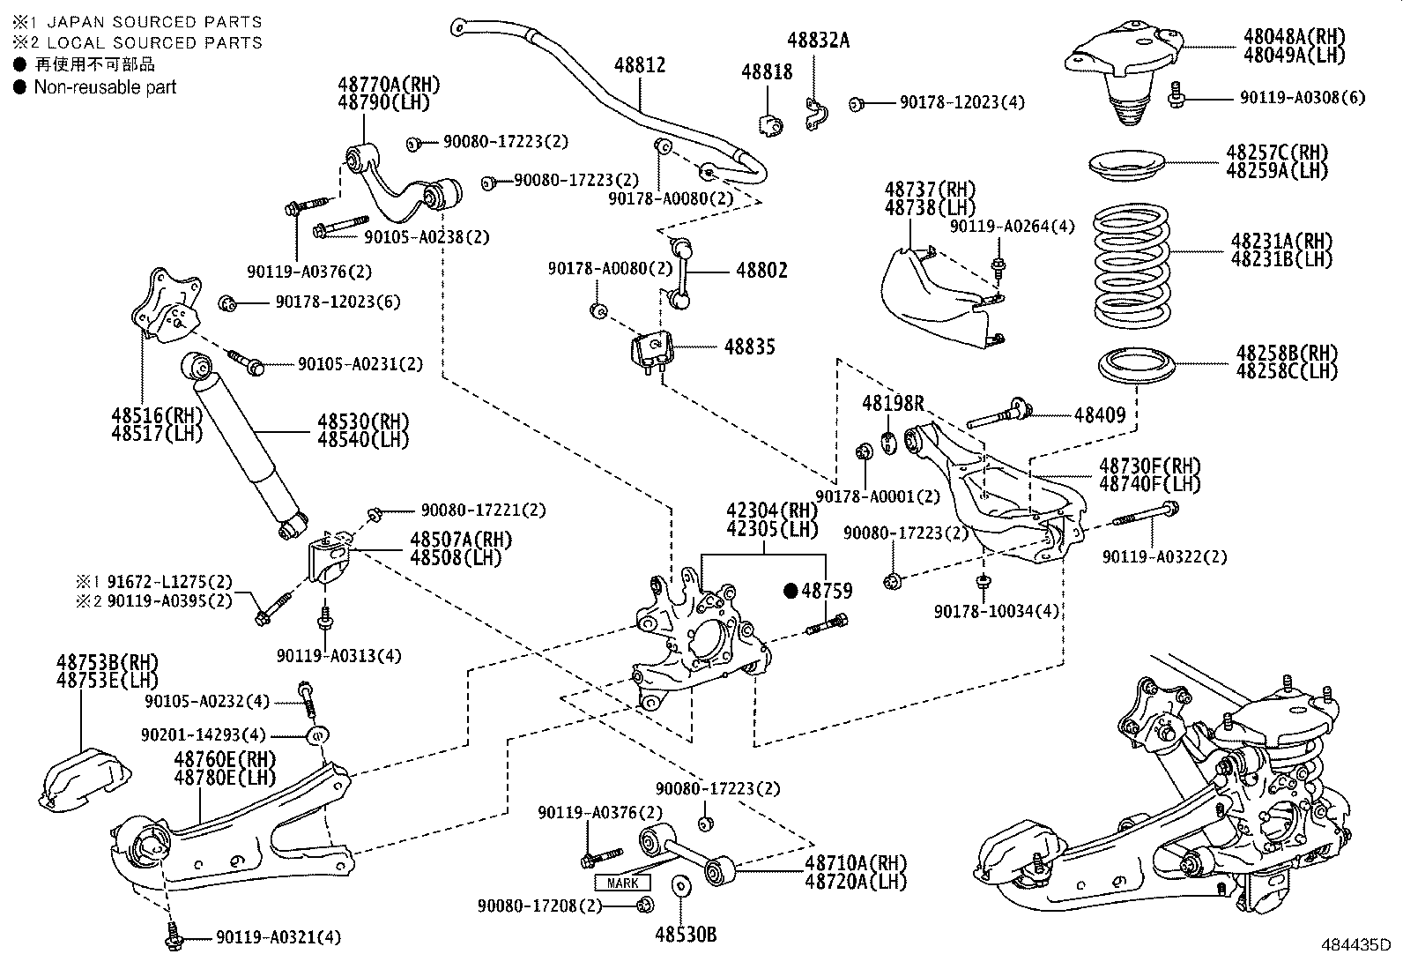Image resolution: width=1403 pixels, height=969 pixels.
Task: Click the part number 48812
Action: (x=640, y=65)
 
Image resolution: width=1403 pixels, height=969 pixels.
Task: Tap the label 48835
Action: (x=750, y=347)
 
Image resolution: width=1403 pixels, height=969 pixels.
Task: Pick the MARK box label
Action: (x=623, y=883)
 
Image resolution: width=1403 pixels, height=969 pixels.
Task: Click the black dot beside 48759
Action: (x=791, y=591)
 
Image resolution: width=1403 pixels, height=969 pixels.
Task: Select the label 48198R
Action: (x=892, y=404)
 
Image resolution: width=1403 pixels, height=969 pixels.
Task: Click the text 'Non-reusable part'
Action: (x=105, y=87)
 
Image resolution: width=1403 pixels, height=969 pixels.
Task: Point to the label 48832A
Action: (x=818, y=40)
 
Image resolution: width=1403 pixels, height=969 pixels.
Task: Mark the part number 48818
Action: (x=767, y=72)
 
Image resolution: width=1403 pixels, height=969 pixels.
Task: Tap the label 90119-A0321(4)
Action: (x=278, y=937)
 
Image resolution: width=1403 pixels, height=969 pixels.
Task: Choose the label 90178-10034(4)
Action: (x=997, y=611)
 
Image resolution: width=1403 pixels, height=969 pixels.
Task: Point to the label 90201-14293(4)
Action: (x=203, y=734)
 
